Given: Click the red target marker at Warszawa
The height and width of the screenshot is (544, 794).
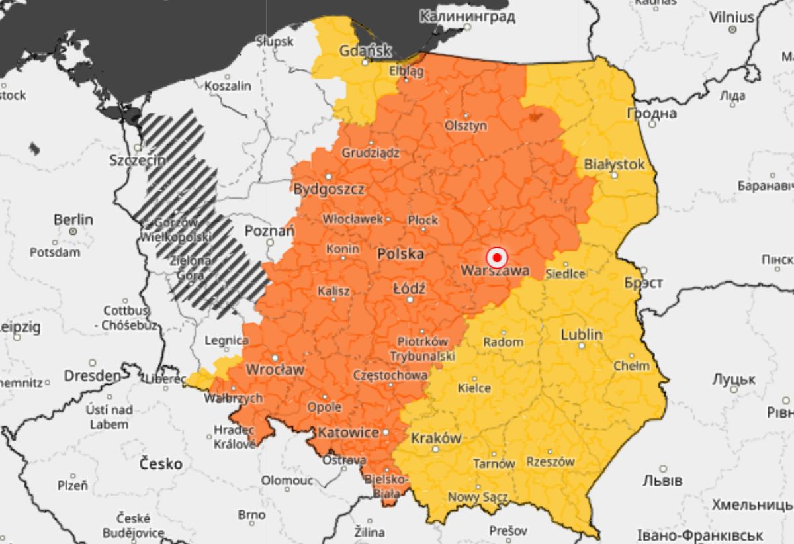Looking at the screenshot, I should tap(496, 257).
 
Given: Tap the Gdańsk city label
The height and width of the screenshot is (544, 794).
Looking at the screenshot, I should tap(365, 50).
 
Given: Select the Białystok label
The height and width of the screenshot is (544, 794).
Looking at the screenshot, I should tap(614, 164).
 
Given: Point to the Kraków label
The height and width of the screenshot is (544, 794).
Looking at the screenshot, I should tap(435, 438).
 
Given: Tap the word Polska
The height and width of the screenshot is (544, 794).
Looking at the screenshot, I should tap(400, 253).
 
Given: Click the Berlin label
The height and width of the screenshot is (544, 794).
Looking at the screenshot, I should tap(73, 219).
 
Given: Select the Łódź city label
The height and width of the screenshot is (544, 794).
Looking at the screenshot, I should tap(410, 289).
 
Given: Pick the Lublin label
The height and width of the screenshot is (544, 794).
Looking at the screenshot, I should tap(582, 334).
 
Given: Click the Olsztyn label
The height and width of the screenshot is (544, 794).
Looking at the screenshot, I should tap(466, 125).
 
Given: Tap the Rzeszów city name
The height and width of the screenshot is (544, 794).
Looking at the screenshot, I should tap(551, 461).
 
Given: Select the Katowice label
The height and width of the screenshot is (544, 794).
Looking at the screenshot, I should tap(349, 433).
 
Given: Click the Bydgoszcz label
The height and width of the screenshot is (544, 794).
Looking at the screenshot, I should tap(329, 189).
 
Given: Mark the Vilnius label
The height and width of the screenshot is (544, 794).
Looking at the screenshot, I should tap(732, 17).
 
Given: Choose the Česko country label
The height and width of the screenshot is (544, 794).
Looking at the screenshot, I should tap(161, 463).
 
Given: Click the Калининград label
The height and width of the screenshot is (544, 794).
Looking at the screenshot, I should tap(467, 16).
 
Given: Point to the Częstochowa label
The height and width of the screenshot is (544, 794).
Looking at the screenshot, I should tap(390, 375).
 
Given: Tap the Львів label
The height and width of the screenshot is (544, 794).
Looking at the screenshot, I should tap(662, 480).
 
